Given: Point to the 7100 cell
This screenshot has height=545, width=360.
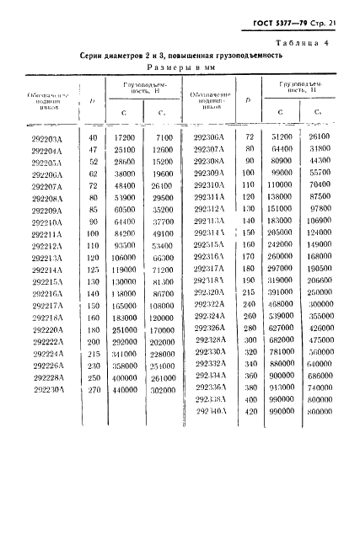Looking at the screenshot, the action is pyautogui.click(x=164, y=137).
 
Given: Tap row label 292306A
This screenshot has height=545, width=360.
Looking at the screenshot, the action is pyautogui.click(x=208, y=136).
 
